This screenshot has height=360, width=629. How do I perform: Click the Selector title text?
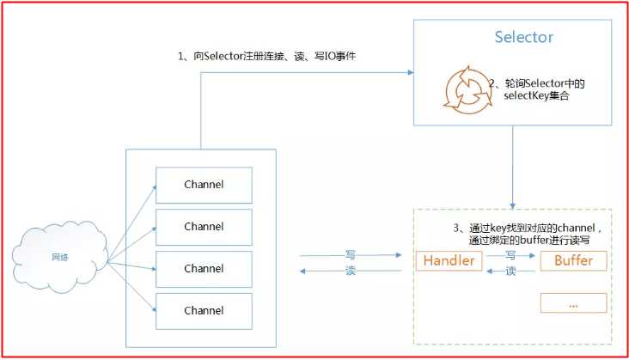tap(524, 38)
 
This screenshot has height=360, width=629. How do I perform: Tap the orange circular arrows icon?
tap(465, 89)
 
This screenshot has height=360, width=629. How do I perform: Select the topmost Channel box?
tap(204, 185)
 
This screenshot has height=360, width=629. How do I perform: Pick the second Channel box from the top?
tap(204, 227)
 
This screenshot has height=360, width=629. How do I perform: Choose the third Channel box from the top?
tap(204, 269)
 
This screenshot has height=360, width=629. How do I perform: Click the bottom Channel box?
tap(204, 310)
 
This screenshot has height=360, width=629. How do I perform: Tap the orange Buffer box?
tap(574, 261)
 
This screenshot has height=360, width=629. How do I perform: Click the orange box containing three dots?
tap(574, 303)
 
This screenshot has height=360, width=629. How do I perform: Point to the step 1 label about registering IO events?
tap(266, 57)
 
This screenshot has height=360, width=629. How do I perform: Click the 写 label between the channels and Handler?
tap(351, 254)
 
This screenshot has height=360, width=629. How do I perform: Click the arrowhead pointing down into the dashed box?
tap(513, 204)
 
